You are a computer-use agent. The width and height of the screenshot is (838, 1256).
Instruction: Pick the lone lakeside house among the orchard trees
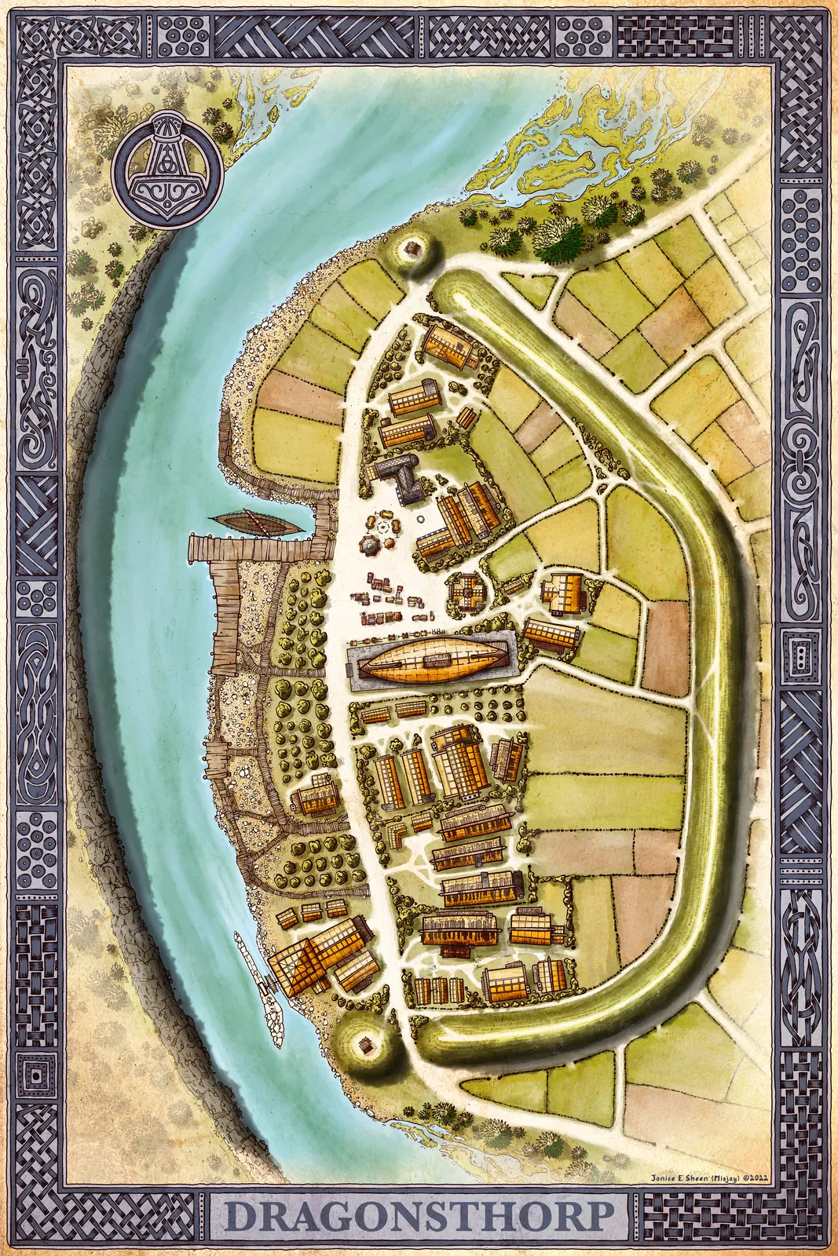point(315,796)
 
